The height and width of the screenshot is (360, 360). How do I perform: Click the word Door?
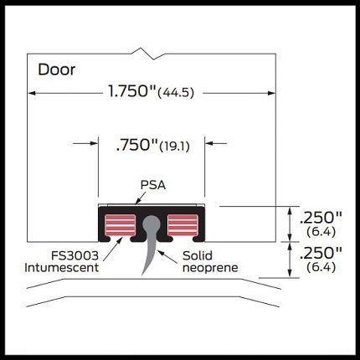[57, 69]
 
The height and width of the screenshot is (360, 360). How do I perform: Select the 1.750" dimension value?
[131, 91]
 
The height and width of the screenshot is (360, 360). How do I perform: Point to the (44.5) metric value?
[176, 92]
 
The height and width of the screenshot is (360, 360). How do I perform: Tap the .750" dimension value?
[136, 145]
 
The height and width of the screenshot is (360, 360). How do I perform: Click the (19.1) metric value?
[174, 147]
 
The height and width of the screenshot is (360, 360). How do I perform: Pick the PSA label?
[153, 185]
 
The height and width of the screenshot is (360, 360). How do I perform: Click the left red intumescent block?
[120, 224]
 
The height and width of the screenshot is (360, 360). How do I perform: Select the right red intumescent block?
[183, 224]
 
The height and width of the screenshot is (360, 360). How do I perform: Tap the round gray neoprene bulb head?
[152, 224]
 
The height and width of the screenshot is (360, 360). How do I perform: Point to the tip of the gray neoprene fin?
[143, 275]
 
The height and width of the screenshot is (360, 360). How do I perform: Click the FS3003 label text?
[75, 255]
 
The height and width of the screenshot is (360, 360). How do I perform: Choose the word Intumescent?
[62, 268]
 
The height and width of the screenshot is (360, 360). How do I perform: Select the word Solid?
[198, 255]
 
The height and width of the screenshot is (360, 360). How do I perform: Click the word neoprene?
[210, 268]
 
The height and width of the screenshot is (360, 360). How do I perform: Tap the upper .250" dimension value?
[321, 218]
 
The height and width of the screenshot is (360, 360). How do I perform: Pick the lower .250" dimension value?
[321, 253]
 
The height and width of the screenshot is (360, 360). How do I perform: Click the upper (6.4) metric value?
[321, 232]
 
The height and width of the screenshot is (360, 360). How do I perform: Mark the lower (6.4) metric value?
[321, 267]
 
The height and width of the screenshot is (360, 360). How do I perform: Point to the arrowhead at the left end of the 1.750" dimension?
[32, 93]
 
